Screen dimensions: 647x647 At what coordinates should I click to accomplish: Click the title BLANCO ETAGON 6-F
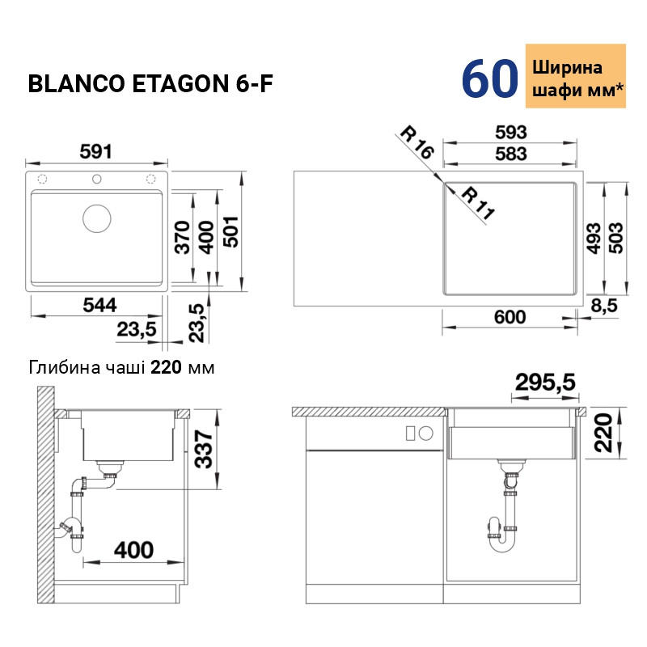pos(150,84)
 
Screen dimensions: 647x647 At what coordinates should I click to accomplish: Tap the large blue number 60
pos(490,78)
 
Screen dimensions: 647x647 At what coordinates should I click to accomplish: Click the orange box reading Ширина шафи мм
pos(575,76)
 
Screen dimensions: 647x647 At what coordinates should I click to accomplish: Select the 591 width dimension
pos(95,151)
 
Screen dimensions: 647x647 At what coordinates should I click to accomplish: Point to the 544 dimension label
pos(99,305)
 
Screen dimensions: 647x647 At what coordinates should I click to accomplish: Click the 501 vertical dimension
pos(231,231)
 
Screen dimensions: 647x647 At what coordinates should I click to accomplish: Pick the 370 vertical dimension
pos(182,237)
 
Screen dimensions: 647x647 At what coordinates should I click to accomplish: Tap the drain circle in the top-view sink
pos(96,218)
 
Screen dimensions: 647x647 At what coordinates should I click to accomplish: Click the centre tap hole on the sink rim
pos(96,179)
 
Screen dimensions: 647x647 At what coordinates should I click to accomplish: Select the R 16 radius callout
pos(417,143)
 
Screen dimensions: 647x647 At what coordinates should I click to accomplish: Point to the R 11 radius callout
pos(477,203)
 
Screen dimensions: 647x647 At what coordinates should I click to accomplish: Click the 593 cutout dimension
pos(511,133)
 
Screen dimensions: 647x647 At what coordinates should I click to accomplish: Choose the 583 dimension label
pos(511,154)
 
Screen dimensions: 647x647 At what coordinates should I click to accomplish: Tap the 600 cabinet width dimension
pos(510,317)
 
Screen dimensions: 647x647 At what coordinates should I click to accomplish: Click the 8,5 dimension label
pos(604,306)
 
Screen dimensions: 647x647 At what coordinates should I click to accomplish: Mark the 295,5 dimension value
pos(544,382)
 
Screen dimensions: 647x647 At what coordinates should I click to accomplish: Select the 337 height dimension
pos(204,449)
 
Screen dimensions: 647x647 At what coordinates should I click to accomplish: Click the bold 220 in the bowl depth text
pos(166,367)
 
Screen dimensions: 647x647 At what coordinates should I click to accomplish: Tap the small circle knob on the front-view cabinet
pos(426,433)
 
